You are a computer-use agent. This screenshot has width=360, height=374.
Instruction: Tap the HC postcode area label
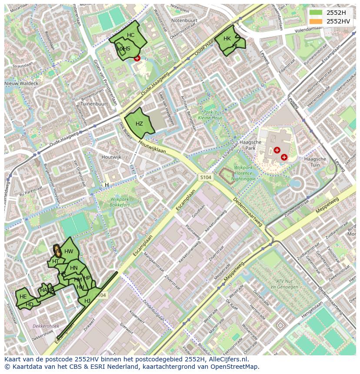pos(131,35)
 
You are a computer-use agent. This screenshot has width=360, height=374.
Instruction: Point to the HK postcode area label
pos(227,39)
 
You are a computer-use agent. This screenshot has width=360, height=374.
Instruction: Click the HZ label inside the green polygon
pos(139,124)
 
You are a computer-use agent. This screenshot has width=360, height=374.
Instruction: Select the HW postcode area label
pos(69,252)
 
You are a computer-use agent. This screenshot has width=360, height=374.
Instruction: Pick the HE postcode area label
pos(23,297)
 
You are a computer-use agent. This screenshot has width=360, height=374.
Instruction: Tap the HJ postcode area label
pos(87,301)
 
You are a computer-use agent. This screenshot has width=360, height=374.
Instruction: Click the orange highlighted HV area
pos(57,250)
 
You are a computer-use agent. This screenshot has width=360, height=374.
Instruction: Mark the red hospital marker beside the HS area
pos(137,58)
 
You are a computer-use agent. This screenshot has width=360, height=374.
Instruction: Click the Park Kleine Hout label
pos(210,115)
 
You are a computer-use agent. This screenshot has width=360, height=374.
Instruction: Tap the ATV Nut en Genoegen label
pos(283,285)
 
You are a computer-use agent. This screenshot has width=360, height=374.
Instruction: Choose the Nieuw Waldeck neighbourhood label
pos(21,83)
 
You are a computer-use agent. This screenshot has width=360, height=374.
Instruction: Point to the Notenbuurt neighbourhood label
pos(184,20)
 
